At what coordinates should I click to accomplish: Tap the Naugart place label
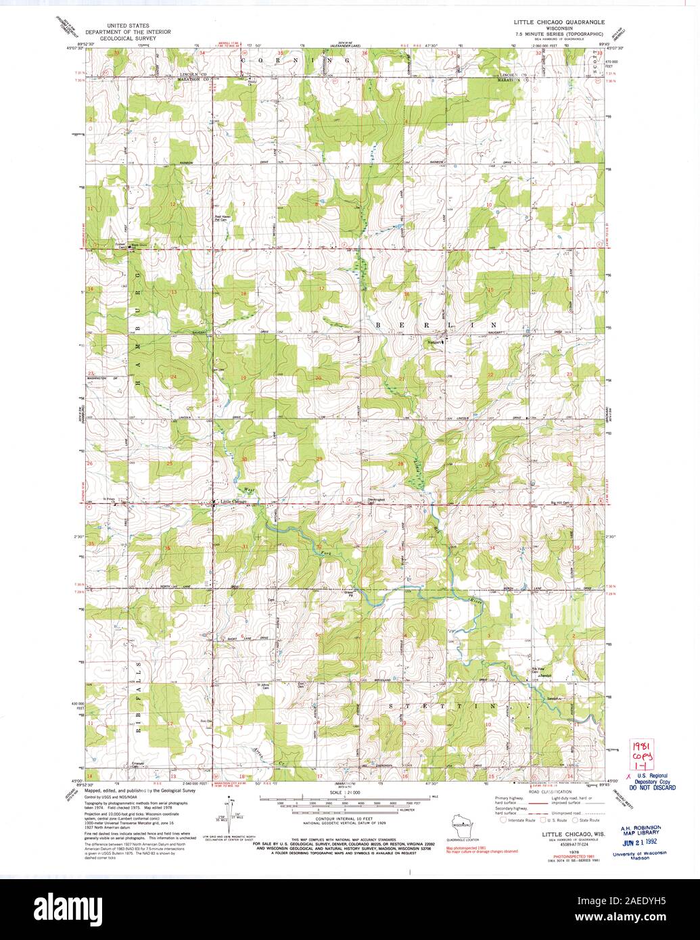[x=434, y=341]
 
